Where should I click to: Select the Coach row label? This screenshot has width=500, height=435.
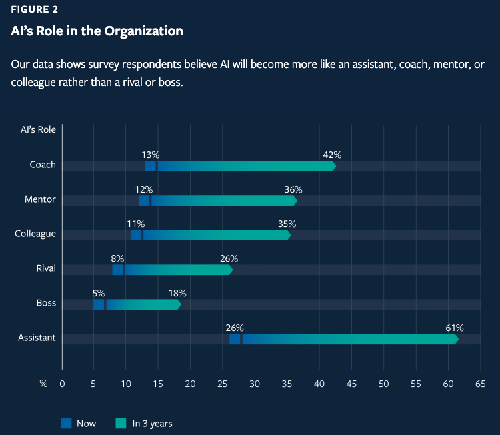pyautogui.click(x=43, y=165)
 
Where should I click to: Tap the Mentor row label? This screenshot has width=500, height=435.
pyautogui.click(x=40, y=199)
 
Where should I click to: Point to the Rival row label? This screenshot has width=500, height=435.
pyautogui.click(x=45, y=268)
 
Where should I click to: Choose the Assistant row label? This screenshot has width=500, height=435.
pyautogui.click(x=37, y=338)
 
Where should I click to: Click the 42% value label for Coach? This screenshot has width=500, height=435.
pyautogui.click(x=332, y=155)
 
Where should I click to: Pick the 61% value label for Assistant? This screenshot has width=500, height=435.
pyautogui.click(x=454, y=328)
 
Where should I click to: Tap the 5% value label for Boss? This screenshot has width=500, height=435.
pyautogui.click(x=99, y=293)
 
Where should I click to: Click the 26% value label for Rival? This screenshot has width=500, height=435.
pyautogui.click(x=229, y=258)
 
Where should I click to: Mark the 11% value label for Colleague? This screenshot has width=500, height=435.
pyautogui.click(x=135, y=224)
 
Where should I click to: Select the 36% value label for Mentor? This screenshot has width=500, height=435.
pyautogui.click(x=293, y=189)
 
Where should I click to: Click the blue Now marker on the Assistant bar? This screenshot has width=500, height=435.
pyautogui.click(x=235, y=339)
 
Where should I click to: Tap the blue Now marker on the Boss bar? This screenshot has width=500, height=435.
pyautogui.click(x=99, y=304)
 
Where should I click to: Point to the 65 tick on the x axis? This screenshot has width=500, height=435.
pyautogui.click(x=480, y=384)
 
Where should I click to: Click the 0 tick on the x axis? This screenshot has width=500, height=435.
pyautogui.click(x=62, y=384)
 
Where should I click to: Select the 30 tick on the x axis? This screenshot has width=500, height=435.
pyautogui.click(x=255, y=384)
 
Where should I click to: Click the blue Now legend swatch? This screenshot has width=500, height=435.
pyautogui.click(x=66, y=423)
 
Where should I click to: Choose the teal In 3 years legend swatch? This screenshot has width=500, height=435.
pyautogui.click(x=121, y=423)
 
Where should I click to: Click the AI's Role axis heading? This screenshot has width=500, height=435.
pyautogui.click(x=37, y=129)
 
